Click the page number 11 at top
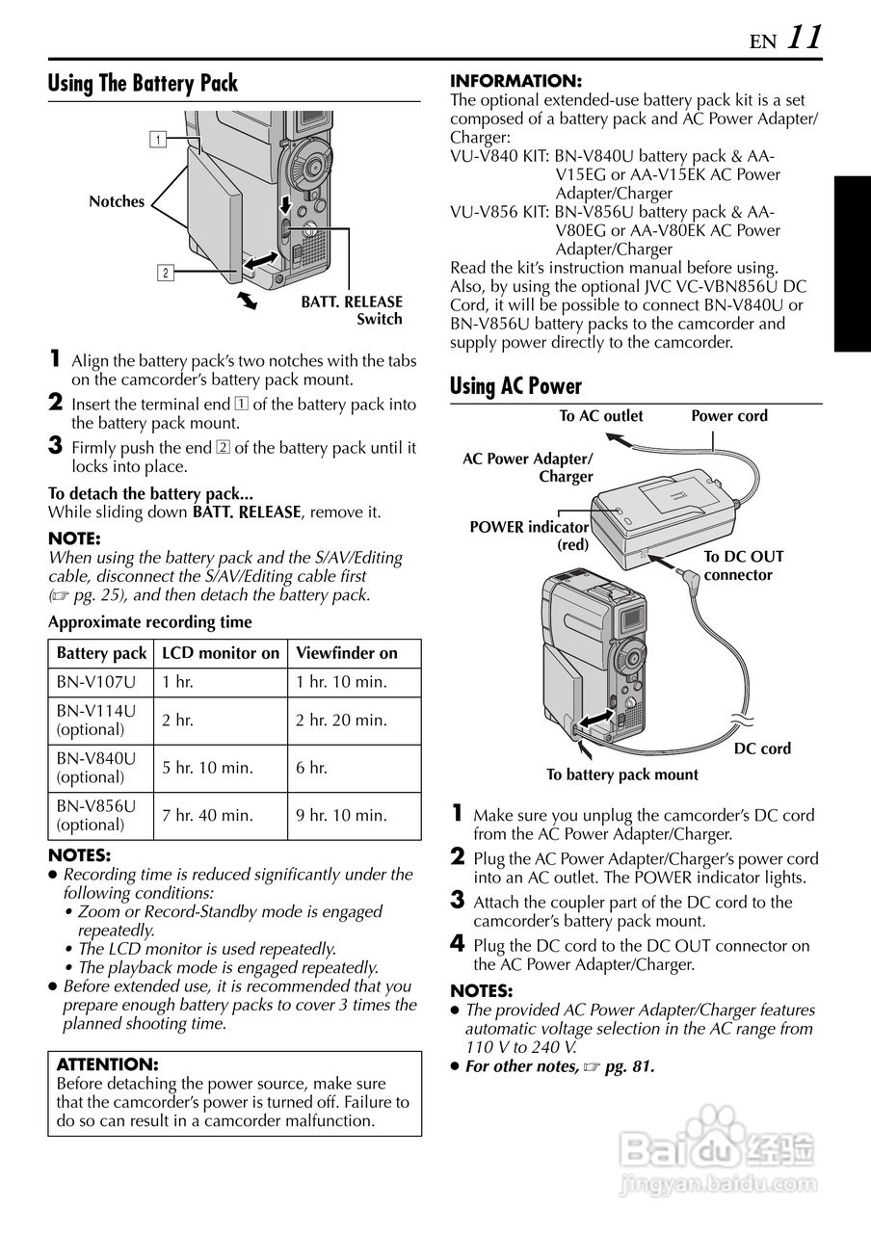pos(805,38)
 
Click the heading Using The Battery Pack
pos(143,84)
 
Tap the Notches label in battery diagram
pos(117,201)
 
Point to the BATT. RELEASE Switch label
pos(352,310)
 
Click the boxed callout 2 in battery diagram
pos(166,273)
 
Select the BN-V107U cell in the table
pos(96,682)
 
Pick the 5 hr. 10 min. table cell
pos(207,768)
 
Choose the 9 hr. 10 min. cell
pos(341,815)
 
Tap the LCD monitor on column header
pos(221,653)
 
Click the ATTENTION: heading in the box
pos(107,1064)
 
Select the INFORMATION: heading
pos(515,81)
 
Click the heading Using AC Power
pos(515,386)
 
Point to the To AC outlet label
pos(601,416)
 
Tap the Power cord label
pos(729,416)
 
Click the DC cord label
pos(762,748)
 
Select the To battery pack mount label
pos(622,774)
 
